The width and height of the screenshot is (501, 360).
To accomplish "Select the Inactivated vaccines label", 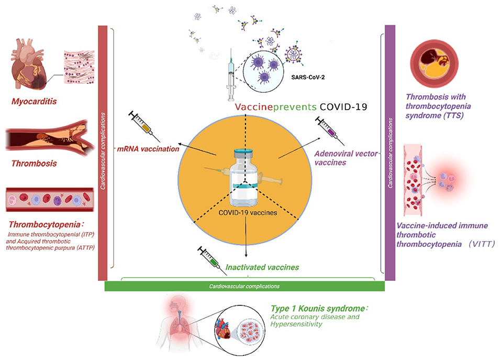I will click(262, 267).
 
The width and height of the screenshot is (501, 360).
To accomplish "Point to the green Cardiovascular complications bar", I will click(244, 287).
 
